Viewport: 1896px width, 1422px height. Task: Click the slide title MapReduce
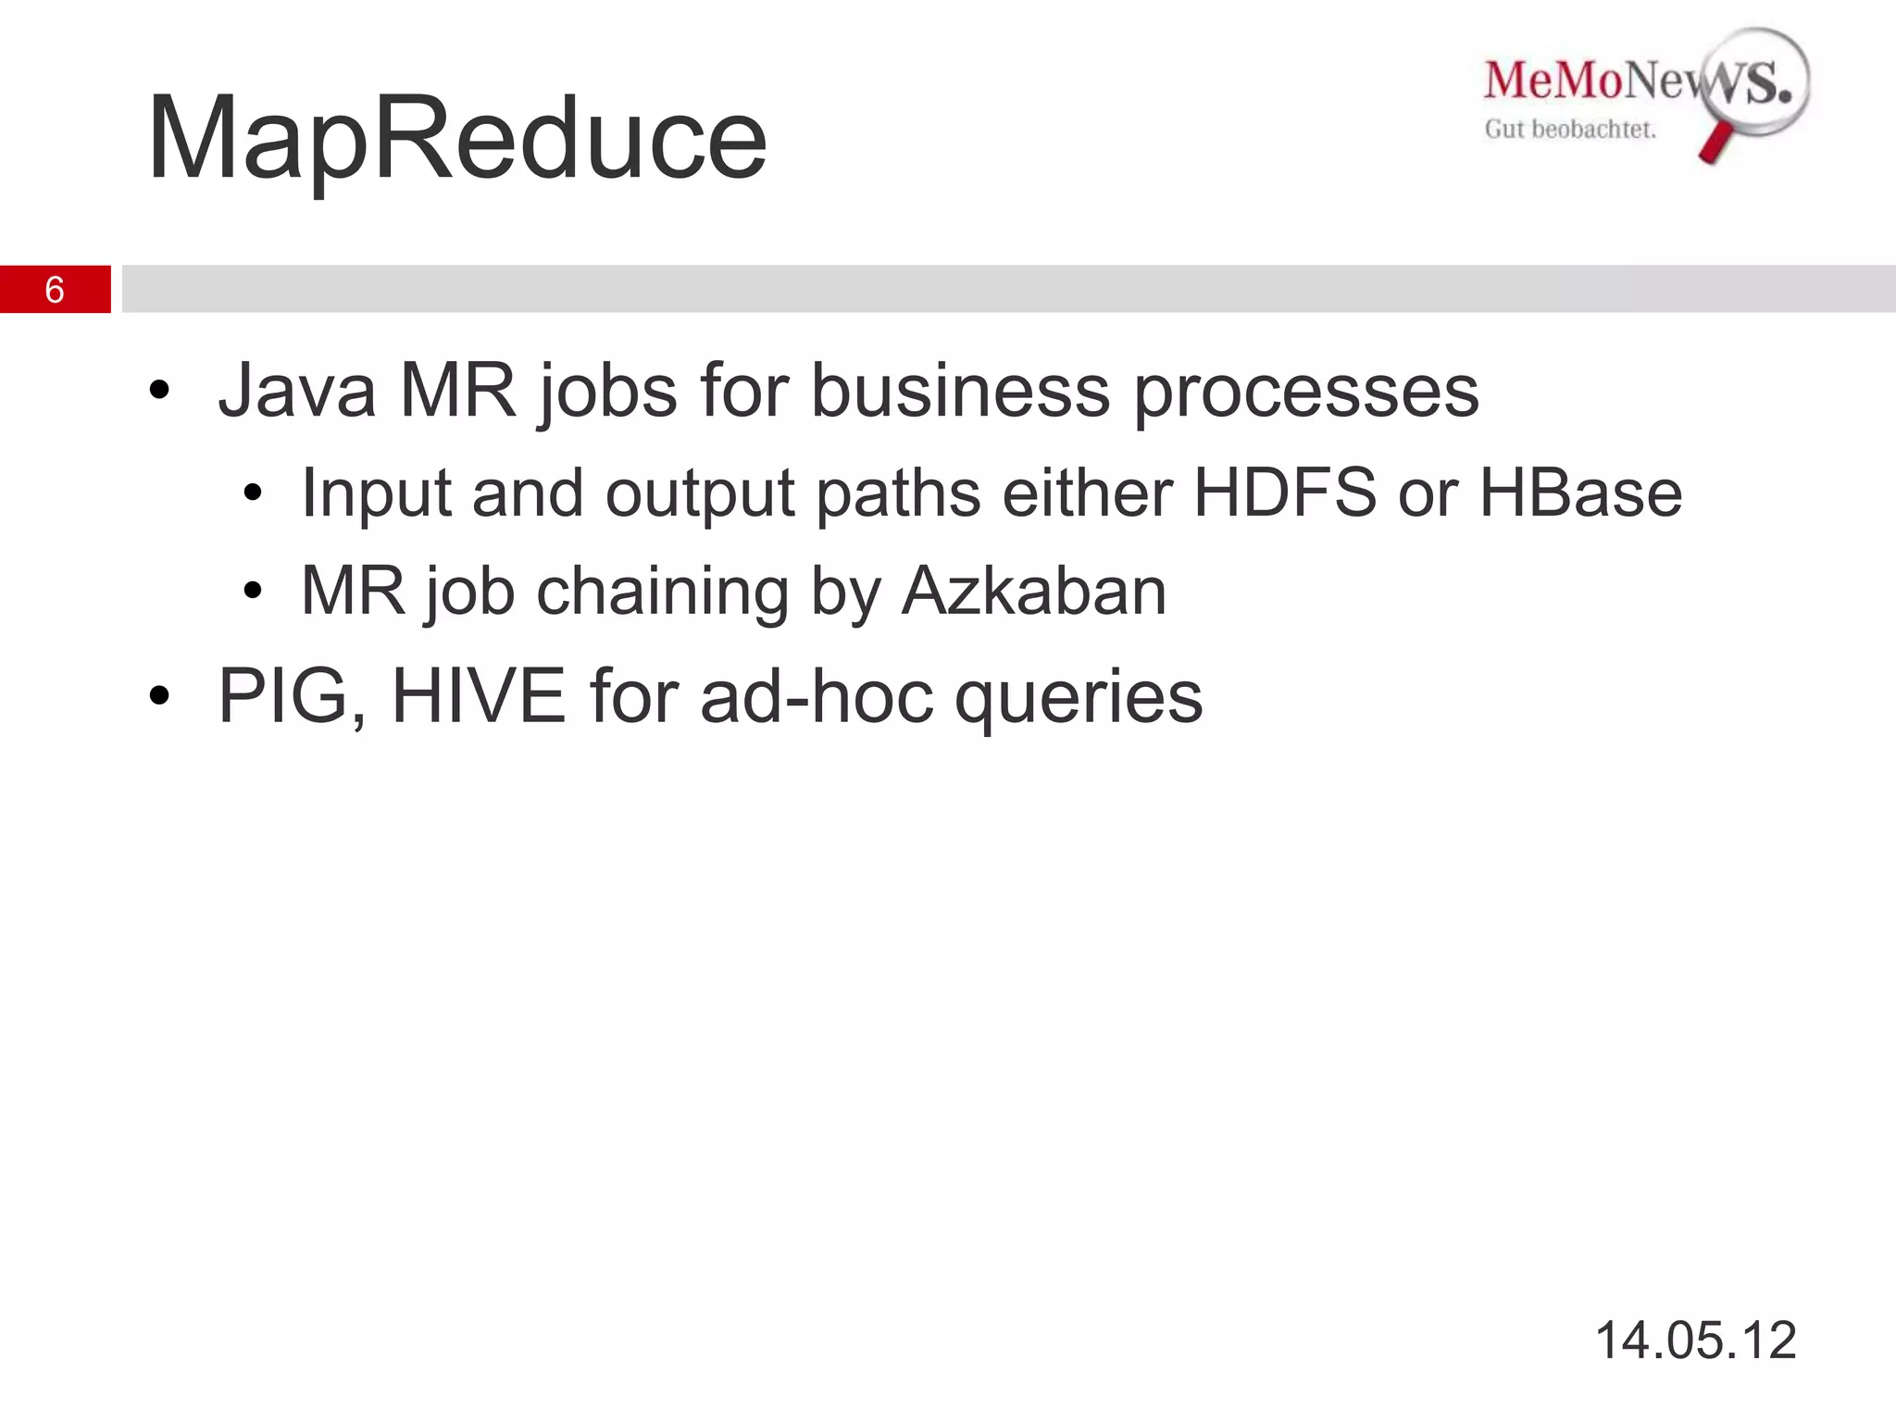tap(456, 139)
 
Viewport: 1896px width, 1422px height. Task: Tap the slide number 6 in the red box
tap(55, 290)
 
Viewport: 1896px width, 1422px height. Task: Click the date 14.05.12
tap(1695, 1340)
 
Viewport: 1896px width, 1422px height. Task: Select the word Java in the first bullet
tap(297, 391)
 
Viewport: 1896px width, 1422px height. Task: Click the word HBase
tap(1580, 493)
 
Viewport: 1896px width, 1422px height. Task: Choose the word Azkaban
tap(1033, 591)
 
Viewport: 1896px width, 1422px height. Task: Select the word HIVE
tap(479, 696)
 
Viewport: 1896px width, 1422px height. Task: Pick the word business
tap(960, 391)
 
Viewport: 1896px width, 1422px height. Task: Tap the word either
tap(1087, 493)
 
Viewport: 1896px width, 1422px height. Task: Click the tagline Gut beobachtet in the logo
tap(1570, 130)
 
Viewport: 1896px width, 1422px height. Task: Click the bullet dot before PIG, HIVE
tap(159, 696)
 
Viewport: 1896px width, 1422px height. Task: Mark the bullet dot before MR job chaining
tap(253, 591)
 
